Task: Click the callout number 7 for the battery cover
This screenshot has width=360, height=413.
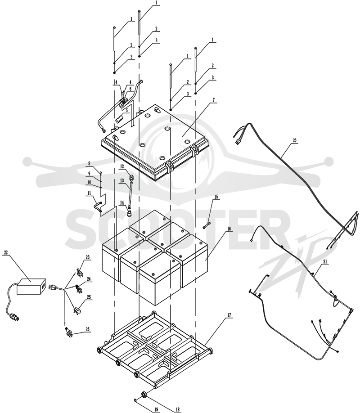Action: coord(214,100)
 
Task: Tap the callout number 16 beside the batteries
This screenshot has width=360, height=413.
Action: coord(229,229)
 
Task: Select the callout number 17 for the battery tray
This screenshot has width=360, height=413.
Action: coord(229,315)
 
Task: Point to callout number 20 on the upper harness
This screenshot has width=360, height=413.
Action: coord(294,141)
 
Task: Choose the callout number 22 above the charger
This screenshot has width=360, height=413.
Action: coord(6,252)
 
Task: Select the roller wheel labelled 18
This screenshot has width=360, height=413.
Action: coord(144,395)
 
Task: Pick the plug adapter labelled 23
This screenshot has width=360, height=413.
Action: coord(80,273)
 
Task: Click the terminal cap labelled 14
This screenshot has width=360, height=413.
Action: coord(130,212)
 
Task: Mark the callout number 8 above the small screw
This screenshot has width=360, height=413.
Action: coord(90,163)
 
